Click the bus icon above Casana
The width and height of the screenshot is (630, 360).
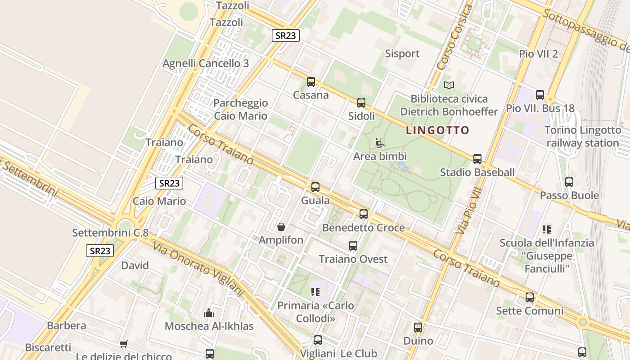(310, 82)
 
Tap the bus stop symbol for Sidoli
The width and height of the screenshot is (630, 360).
(361, 103)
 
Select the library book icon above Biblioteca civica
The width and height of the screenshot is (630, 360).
(449, 85)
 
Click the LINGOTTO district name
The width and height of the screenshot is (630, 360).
(437, 130)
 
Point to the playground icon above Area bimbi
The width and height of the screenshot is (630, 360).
(380, 144)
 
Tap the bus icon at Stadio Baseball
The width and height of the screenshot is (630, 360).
(477, 159)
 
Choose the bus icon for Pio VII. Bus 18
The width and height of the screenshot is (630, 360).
(540, 95)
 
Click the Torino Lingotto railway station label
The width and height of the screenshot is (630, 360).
(582, 137)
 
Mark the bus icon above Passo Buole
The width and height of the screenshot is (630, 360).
(569, 182)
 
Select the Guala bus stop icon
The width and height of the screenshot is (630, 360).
(315, 187)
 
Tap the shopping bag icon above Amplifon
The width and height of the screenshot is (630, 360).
(281, 227)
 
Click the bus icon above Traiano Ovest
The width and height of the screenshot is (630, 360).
(353, 246)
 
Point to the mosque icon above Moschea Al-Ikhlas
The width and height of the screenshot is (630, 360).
(209, 313)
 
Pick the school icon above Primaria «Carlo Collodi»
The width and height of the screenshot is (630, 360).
(315, 292)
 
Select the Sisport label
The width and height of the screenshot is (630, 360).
(402, 54)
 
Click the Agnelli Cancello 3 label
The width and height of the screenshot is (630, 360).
(206, 63)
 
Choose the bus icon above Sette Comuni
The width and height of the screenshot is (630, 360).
(530, 297)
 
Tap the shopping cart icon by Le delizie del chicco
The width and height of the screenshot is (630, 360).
(123, 344)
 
